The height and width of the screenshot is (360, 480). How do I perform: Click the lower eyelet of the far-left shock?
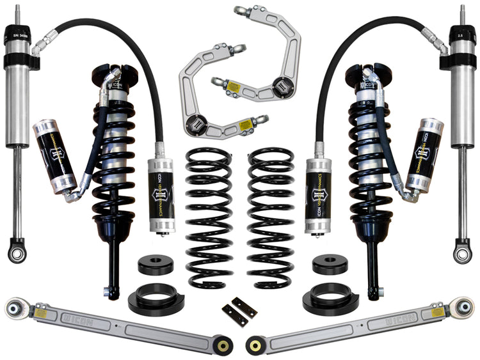(x=17, y=251)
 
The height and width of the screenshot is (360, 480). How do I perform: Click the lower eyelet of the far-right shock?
(x=462, y=251)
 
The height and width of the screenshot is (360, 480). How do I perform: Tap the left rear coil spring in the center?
(x=209, y=217)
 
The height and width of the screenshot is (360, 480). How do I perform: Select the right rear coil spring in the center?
(x=271, y=217)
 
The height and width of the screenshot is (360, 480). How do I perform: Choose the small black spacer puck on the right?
(x=329, y=264)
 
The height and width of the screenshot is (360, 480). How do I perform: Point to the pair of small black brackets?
(x=239, y=311)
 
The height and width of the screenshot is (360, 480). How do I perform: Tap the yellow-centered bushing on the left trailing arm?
(x=223, y=345)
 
